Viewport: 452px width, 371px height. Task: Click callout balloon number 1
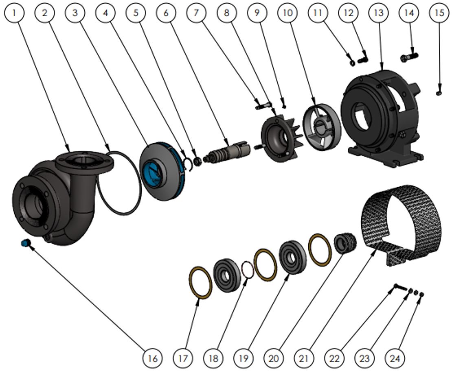point(15,13)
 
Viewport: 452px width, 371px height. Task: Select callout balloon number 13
point(378,13)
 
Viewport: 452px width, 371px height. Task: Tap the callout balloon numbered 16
point(152,358)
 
